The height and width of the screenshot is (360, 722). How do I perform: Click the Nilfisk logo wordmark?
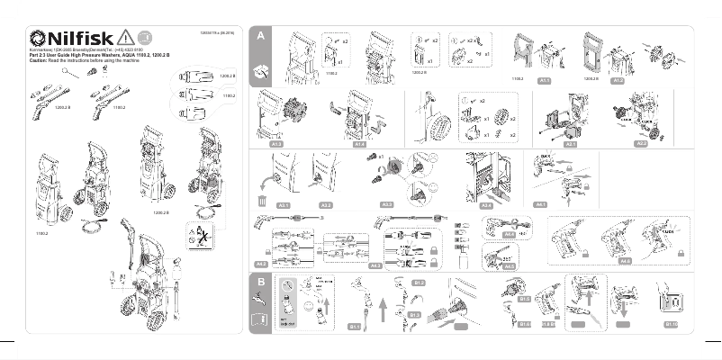click(x=72, y=37)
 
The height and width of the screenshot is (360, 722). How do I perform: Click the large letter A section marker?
click(x=259, y=36)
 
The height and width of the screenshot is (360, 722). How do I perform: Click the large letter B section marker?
click(x=259, y=283)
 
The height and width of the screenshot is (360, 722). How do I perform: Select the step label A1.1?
click(x=544, y=80)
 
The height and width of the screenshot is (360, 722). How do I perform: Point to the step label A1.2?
click(x=618, y=80)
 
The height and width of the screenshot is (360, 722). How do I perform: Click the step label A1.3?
click(x=277, y=143)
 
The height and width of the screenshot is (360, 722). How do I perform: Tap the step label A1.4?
click(x=358, y=143)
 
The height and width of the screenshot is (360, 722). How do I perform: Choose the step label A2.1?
click(x=570, y=143)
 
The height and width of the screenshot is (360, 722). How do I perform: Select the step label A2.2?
click(x=642, y=143)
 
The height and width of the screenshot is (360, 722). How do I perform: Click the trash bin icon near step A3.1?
click(x=263, y=202)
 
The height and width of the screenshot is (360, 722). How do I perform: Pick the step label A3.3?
click(x=388, y=205)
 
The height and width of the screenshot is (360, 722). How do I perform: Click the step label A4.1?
click(x=541, y=205)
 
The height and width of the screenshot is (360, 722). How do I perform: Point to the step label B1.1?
click(x=354, y=327)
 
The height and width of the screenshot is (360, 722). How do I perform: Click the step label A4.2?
click(x=376, y=265)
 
